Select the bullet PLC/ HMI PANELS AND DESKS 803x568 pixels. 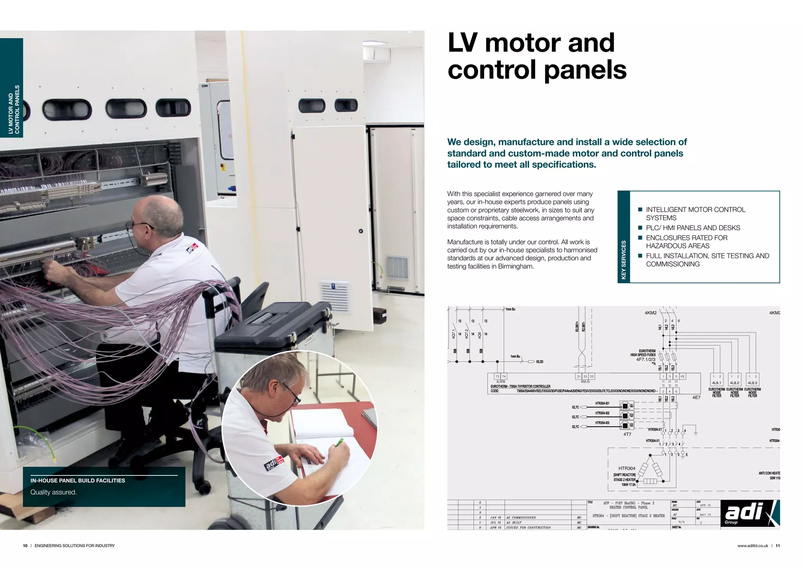click(693, 228)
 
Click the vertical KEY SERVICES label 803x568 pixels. click(623, 260)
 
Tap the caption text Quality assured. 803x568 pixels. click(54, 492)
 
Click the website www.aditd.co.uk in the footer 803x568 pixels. click(752, 546)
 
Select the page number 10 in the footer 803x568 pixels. click(25, 546)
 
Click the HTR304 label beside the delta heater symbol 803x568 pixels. click(627, 468)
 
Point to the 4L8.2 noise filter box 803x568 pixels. click(734, 383)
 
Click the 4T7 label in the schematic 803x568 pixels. click(627, 434)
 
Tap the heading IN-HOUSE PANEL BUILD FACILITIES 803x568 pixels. click(78, 481)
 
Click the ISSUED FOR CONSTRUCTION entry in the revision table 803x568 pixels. click(528, 528)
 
